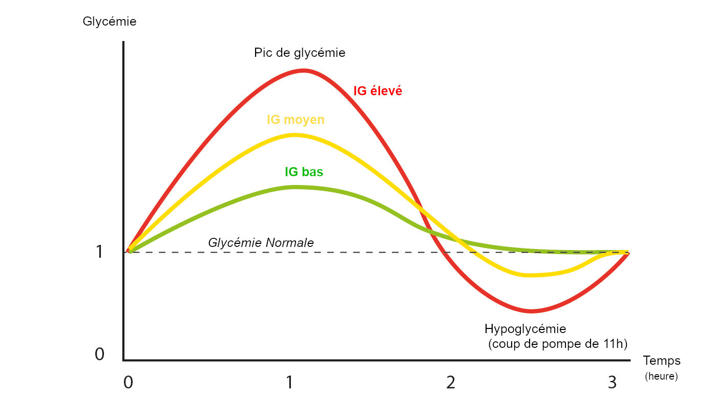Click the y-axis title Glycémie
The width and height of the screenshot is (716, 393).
pyautogui.click(x=109, y=22)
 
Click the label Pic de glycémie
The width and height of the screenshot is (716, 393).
pyautogui.click(x=300, y=53)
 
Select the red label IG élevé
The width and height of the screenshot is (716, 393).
pyautogui.click(x=377, y=91)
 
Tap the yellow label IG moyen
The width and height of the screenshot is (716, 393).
pyautogui.click(x=296, y=120)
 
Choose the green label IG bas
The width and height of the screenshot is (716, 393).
pyautogui.click(x=304, y=172)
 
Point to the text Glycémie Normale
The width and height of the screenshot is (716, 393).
pyautogui.click(x=261, y=243)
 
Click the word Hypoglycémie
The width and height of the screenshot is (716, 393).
pyautogui.click(x=525, y=328)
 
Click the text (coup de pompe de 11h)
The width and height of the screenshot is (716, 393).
pyautogui.click(x=558, y=344)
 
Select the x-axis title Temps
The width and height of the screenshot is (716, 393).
pyautogui.click(x=662, y=360)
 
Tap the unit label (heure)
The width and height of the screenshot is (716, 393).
pyautogui.click(x=661, y=377)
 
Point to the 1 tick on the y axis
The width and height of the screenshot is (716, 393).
pyautogui.click(x=99, y=252)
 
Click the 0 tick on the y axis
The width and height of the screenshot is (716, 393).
pyautogui.click(x=99, y=354)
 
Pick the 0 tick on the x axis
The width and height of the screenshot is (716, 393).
pyautogui.click(x=128, y=382)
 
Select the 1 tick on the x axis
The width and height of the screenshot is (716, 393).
pyautogui.click(x=289, y=382)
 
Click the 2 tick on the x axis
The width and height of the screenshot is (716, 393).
pyautogui.click(x=451, y=382)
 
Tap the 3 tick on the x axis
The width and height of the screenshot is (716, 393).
pyautogui.click(x=612, y=382)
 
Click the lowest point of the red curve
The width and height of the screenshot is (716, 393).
pyautogui.click(x=533, y=311)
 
